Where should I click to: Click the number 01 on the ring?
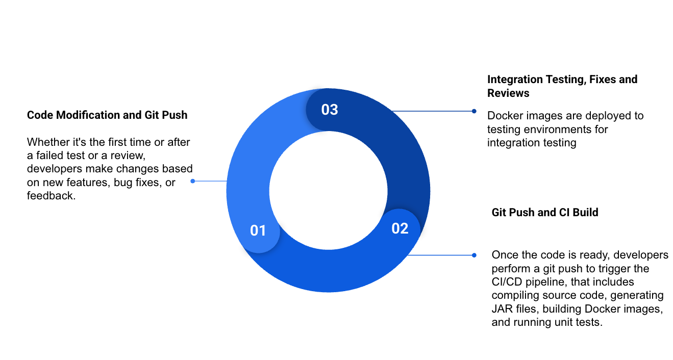pos(258,230)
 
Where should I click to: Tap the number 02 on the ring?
pos(400,228)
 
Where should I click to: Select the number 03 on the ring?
pos(330,110)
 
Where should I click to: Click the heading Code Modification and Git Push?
pos(107,115)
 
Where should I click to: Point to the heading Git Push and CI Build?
pos(545,212)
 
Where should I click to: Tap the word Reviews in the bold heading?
pos(508,93)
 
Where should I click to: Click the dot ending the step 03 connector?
pos(474,111)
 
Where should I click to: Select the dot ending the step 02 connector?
pos(474,255)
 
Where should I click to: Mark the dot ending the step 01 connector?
pos(193,181)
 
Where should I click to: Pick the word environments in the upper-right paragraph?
pos(552,130)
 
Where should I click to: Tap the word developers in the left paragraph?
pos(54,169)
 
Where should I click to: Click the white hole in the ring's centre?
pos(328,190)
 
